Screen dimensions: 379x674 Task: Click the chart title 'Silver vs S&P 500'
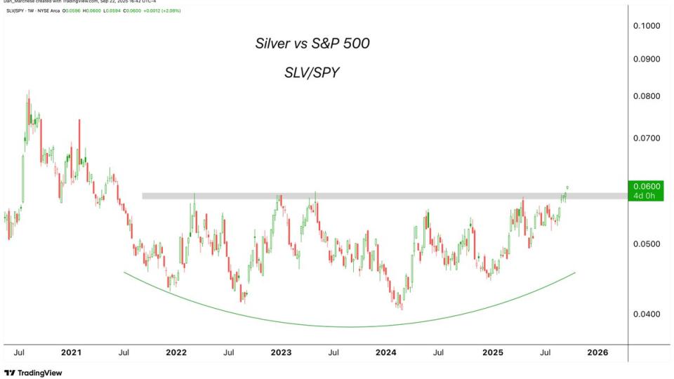[x=312, y=44]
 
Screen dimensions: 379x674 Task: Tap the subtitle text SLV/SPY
[x=312, y=72]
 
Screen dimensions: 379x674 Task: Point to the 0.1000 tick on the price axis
[x=647, y=26]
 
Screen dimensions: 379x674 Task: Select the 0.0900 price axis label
[x=647, y=59]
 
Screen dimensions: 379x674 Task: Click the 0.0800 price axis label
[x=647, y=96]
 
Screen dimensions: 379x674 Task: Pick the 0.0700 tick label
[x=647, y=138]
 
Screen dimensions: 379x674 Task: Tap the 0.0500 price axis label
[x=647, y=244]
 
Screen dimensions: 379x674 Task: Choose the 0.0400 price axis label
[x=647, y=314]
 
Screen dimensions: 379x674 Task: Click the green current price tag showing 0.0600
[x=647, y=190]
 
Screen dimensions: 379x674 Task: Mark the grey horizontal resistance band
[x=351, y=196]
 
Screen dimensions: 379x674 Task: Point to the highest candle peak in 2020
[x=29, y=93]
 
